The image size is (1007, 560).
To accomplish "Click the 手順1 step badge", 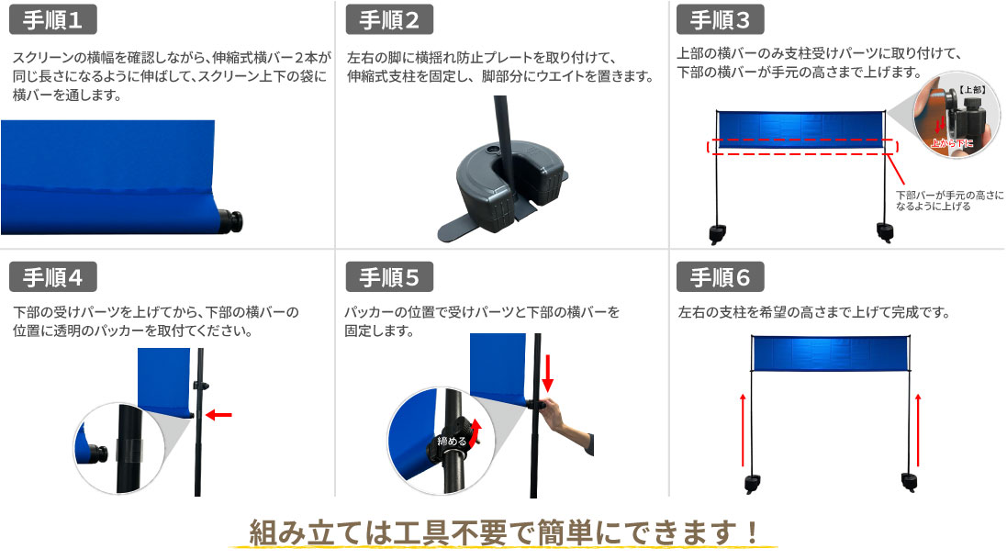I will [x=51, y=20].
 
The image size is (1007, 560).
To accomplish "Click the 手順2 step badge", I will [x=389, y=20].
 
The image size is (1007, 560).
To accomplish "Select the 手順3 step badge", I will [x=720, y=20].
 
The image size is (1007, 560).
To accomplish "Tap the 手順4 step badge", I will [x=51, y=276].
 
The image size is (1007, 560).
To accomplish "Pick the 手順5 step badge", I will [x=389, y=276].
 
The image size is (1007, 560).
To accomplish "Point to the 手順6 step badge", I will [x=720, y=276].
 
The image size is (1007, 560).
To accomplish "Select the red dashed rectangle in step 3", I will [x=802, y=145].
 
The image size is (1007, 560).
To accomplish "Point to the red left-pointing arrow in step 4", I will [x=218, y=415].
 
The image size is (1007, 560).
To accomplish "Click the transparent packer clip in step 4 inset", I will [x=129, y=449].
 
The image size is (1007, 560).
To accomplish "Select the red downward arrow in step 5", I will [x=548, y=373].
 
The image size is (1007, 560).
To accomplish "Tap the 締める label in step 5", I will [x=451, y=441].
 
